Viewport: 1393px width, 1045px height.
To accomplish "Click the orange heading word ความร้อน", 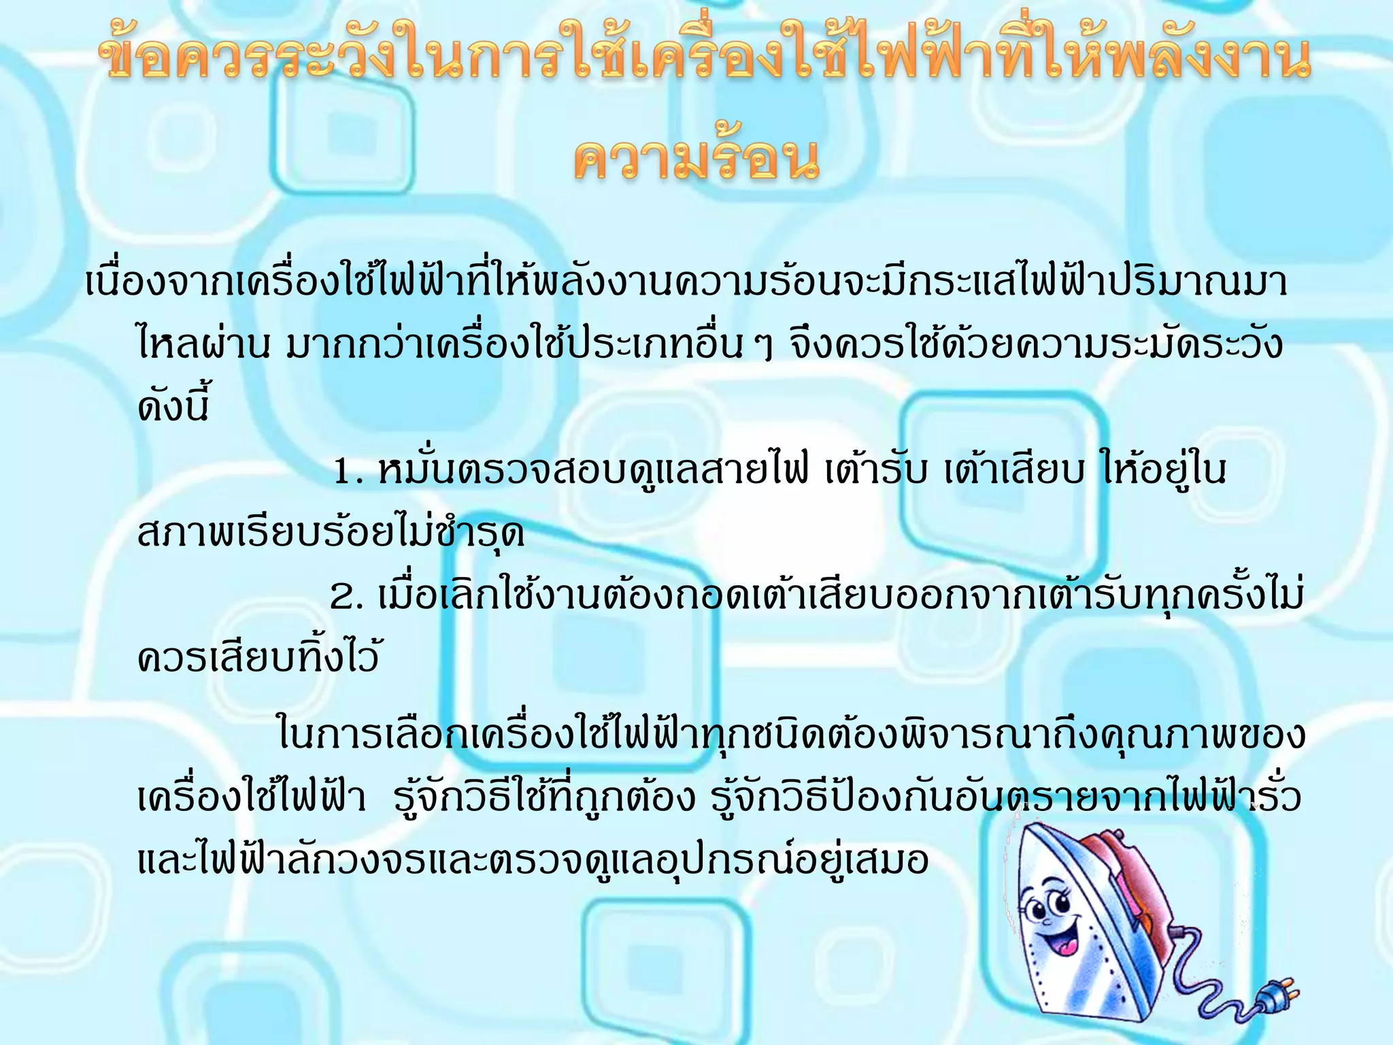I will tap(696, 161).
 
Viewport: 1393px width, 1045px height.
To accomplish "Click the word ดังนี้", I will tap(173, 405).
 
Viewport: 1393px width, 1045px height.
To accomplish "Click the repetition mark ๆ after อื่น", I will tap(764, 347).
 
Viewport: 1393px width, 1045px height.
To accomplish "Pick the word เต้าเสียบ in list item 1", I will tap(1013, 471).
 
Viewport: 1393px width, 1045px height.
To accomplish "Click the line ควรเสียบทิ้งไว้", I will tap(258, 657).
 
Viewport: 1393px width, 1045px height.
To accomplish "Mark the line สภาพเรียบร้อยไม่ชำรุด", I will tap(331, 532).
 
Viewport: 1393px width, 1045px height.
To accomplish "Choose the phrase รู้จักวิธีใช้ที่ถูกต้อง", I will tap(544, 797).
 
